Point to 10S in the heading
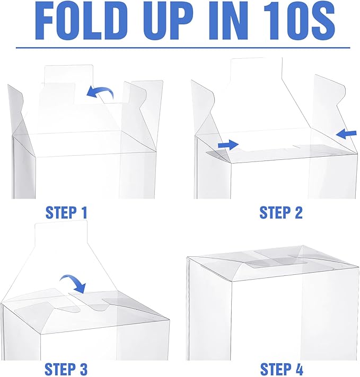pos(299,21)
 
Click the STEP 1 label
pos(66,212)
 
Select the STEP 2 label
pos(281,212)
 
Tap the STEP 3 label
pos(66,369)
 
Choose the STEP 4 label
pos(282,369)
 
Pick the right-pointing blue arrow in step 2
pos(228,145)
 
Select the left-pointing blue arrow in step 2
pos(346,133)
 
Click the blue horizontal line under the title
pos(183,48)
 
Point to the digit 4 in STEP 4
pos(297,369)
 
